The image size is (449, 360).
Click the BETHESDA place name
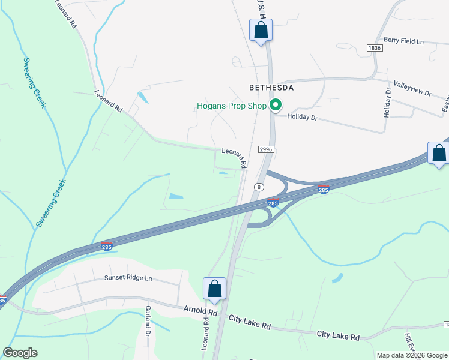[x=271, y=88]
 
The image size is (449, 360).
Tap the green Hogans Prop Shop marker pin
[x=276, y=106]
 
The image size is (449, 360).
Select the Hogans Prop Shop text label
[x=231, y=106]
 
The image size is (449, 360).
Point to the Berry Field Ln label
[x=403, y=41]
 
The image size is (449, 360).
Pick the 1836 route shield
[x=375, y=47]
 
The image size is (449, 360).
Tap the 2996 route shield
[x=267, y=148]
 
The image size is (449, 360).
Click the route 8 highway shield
[x=259, y=187]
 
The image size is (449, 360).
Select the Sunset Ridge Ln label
[x=128, y=278]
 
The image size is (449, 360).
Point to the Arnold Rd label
[x=200, y=311]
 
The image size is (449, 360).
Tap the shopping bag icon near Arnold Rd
[x=215, y=289]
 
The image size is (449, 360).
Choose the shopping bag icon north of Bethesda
[x=261, y=30]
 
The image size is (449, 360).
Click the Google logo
[x=20, y=353]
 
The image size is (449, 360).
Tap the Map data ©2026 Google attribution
[x=412, y=355]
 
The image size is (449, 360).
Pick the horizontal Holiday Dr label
[x=301, y=117]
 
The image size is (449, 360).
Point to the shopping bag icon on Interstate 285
[x=439, y=154]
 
